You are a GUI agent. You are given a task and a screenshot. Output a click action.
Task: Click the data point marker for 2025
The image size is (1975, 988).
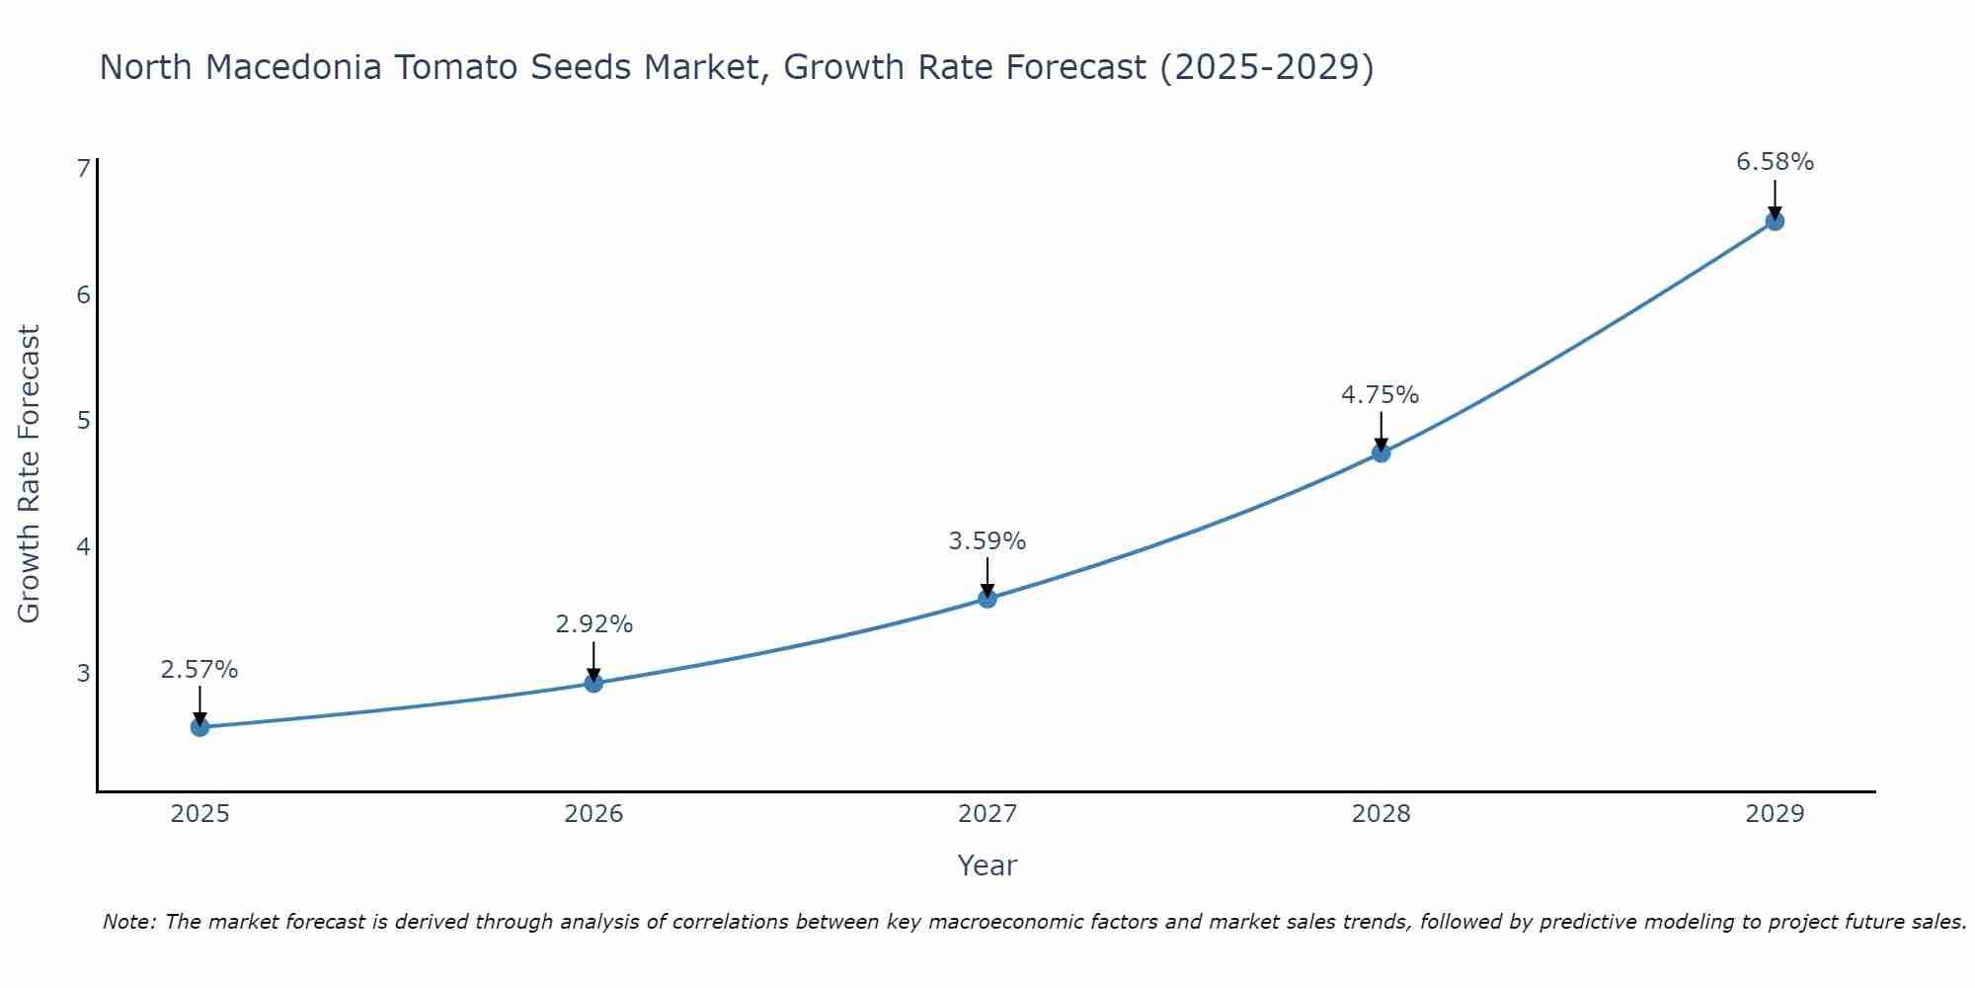point(199,727)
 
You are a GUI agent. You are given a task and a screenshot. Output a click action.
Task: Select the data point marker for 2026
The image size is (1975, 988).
point(593,683)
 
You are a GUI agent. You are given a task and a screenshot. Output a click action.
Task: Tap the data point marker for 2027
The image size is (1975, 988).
point(987,598)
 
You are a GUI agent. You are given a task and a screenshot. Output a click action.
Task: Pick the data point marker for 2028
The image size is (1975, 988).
point(1381,453)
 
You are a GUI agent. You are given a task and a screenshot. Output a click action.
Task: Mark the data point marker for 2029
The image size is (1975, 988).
point(1775,221)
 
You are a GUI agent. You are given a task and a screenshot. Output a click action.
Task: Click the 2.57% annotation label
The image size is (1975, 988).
point(199,670)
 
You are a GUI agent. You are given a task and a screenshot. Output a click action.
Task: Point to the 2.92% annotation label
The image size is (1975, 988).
point(593,624)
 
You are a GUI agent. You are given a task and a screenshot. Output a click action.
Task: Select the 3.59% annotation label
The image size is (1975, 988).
point(987,541)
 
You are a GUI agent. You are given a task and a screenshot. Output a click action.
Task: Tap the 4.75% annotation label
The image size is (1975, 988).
point(1380,395)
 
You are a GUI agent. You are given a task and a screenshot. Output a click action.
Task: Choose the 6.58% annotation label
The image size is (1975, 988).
point(1775,162)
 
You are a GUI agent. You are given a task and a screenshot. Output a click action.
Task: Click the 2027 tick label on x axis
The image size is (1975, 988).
point(987,814)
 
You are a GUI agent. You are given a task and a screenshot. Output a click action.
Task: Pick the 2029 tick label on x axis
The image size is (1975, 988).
point(1775,814)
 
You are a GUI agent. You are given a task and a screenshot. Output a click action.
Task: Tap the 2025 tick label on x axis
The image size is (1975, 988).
point(199,814)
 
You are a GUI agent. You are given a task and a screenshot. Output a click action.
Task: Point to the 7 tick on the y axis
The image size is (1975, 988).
point(83,169)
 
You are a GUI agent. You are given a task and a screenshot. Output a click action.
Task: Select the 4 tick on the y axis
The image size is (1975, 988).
point(83,546)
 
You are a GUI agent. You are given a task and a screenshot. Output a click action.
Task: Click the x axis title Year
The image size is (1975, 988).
point(987,865)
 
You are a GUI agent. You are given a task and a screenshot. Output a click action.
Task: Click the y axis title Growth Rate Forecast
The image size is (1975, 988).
point(30,474)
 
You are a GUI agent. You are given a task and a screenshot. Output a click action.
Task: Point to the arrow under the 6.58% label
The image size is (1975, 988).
point(1775,199)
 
